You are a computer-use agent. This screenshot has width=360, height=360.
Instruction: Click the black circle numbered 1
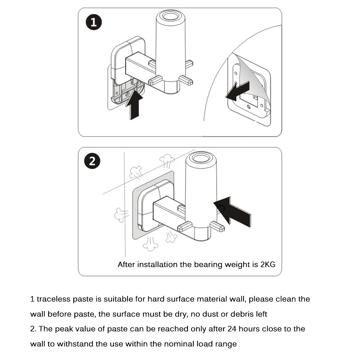(x=93, y=23)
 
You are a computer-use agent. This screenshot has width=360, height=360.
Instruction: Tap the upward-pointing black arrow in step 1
(x=134, y=104)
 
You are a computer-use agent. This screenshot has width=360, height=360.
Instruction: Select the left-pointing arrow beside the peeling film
(x=237, y=90)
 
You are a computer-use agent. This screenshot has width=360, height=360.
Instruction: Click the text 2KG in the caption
(x=268, y=265)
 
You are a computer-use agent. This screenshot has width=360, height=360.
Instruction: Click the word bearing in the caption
(x=208, y=265)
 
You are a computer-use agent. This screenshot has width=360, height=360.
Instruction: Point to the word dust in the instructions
(x=208, y=314)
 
